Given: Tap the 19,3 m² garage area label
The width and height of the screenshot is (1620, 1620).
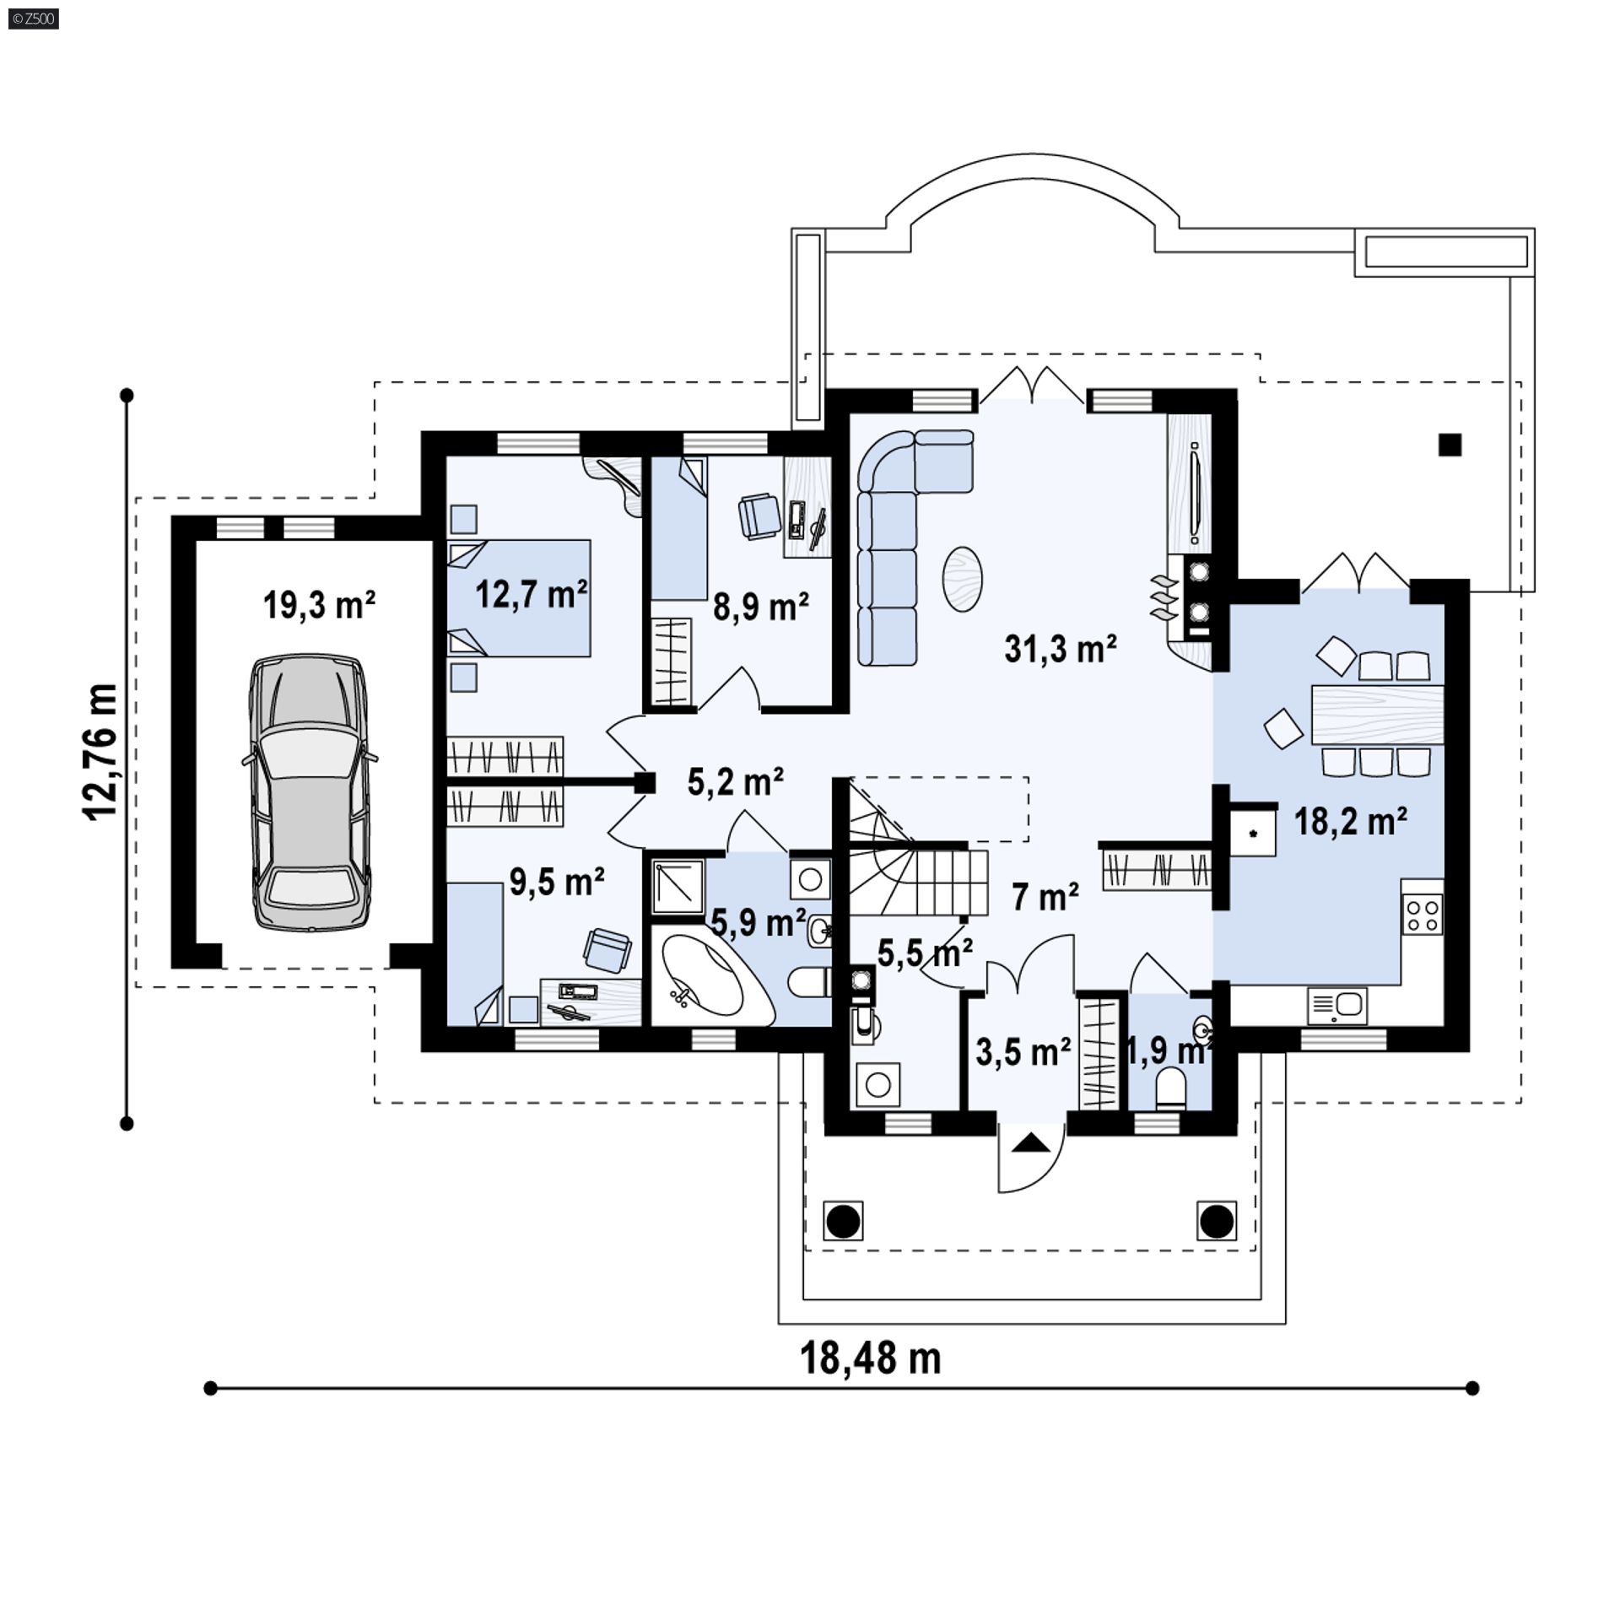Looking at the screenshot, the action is [x=319, y=605].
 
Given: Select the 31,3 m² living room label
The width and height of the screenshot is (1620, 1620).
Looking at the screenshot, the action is [x=1061, y=649].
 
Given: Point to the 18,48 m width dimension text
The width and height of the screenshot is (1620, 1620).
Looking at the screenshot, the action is [x=870, y=1358].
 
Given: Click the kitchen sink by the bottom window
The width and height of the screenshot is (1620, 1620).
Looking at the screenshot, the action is [x=1337, y=1005].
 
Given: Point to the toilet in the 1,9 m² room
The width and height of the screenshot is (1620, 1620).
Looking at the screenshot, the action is [x=1171, y=1088].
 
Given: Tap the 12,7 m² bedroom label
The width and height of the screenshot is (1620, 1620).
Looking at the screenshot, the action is [x=532, y=595].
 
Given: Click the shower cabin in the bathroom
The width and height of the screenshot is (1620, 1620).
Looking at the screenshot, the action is [x=678, y=886].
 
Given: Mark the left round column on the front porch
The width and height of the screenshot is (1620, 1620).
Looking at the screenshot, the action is [x=844, y=1221].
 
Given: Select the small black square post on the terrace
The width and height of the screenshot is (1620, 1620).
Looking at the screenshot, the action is [x=1450, y=444].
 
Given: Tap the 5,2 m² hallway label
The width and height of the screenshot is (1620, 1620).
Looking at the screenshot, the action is [x=736, y=782].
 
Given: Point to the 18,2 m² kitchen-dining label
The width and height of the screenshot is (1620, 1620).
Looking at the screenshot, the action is [x=1351, y=821].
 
